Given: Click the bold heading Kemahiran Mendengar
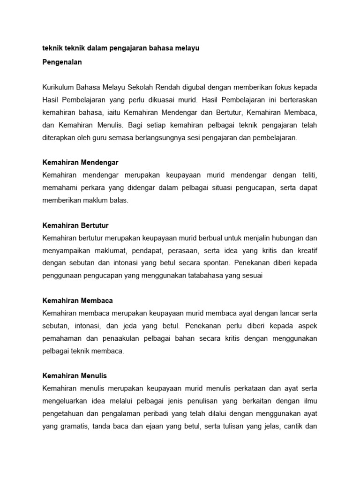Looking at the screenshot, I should click(x=80, y=163).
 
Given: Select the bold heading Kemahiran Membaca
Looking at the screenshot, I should click(x=77, y=300).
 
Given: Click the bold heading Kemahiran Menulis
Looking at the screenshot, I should click(x=75, y=376).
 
